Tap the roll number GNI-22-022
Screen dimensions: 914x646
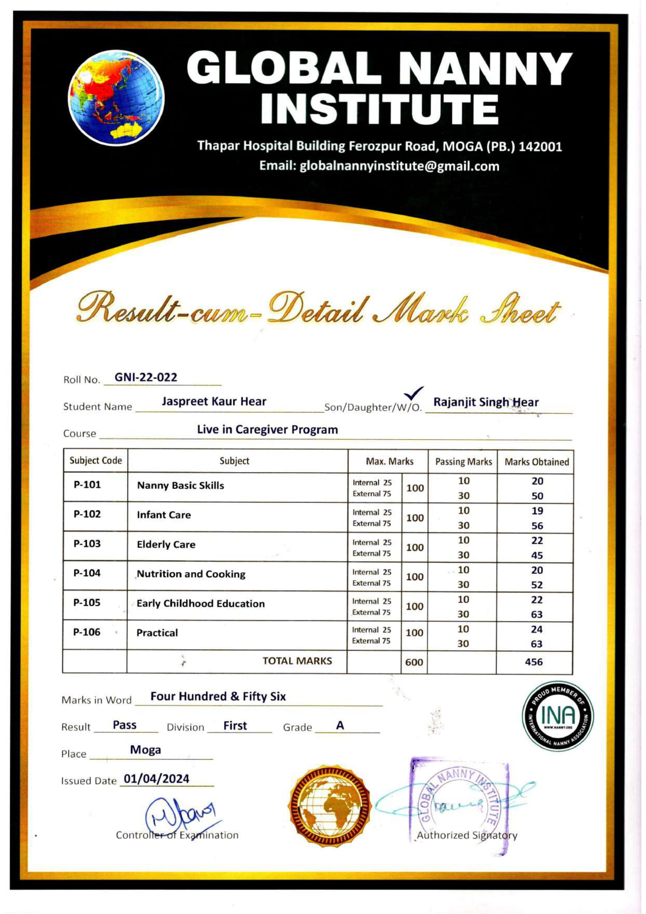tap(146, 377)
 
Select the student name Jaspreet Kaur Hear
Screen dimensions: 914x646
tap(214, 401)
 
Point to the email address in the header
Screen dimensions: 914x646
tap(379, 166)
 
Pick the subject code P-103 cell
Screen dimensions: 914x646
tap(87, 544)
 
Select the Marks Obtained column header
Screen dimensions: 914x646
tap(537, 462)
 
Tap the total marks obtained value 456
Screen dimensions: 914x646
tap(534, 662)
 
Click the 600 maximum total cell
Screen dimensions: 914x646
tap(414, 662)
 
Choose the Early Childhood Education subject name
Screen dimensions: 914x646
tap(200, 603)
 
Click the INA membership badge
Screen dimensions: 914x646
tap(558, 716)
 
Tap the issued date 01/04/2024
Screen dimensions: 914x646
tap(156, 779)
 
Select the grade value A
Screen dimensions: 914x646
tap(340, 725)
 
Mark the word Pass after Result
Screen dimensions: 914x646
tap(125, 725)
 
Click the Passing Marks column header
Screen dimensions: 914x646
tap(463, 462)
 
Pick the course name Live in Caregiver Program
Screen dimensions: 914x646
tap(267, 429)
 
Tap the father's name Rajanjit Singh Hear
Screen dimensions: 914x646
tap(486, 402)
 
